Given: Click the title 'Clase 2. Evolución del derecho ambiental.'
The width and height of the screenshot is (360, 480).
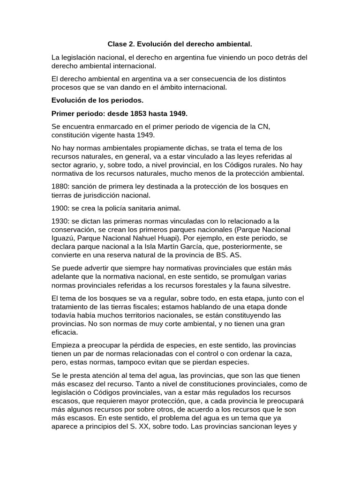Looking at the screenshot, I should tap(180, 44).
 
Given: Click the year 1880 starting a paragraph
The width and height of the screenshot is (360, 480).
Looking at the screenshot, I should tap(60, 187).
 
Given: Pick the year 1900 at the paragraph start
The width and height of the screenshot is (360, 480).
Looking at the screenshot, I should tap(60, 208).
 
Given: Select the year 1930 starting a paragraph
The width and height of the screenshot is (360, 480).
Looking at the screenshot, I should tap(60, 221).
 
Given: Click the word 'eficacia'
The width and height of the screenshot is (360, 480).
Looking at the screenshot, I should tap(65, 332).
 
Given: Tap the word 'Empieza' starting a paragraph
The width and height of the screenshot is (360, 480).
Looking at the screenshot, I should tap(65, 345).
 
